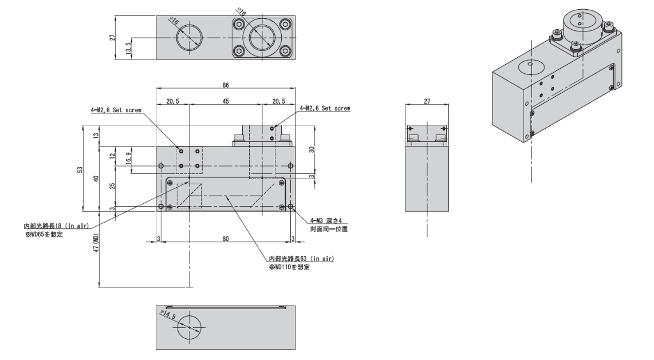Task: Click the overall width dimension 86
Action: pyautogui.click(x=226, y=85)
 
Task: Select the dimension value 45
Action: pyautogui.click(x=226, y=101)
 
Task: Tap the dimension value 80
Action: pyautogui.click(x=226, y=239)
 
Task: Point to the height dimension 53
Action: pyautogui.click(x=80, y=169)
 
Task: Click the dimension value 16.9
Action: pyautogui.click(x=128, y=158)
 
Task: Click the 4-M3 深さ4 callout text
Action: pyautogui.click(x=326, y=220)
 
